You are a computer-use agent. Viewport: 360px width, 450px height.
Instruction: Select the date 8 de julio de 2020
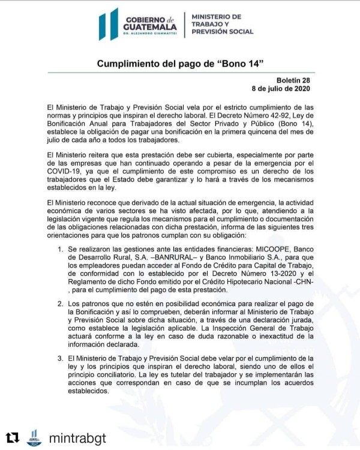pyautogui.click(x=277, y=89)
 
